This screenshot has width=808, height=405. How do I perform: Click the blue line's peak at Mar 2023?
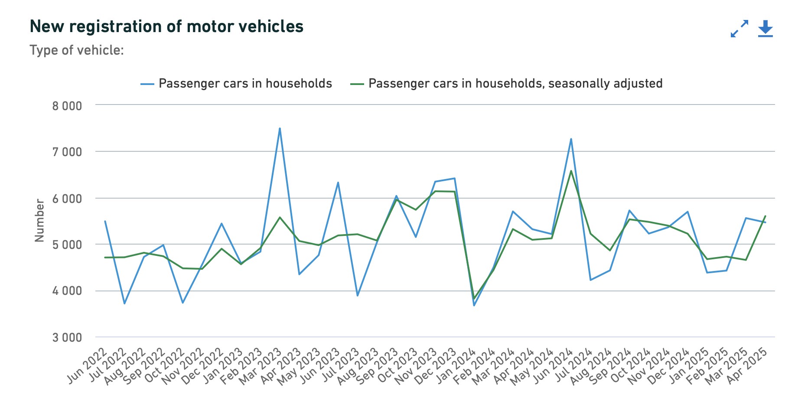tap(280, 128)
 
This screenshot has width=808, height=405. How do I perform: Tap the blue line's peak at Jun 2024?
tap(571, 139)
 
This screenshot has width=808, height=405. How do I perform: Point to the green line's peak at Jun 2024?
tap(571, 171)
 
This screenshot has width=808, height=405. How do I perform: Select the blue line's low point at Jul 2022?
tap(124, 303)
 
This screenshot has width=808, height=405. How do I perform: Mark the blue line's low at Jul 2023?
tap(357, 295)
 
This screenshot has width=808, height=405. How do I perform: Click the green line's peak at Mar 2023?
tap(280, 217)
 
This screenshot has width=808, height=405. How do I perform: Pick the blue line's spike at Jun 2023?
tap(338, 183)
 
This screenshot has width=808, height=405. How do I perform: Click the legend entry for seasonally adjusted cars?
tap(515, 83)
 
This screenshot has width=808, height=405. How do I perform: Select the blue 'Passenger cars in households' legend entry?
tap(245, 83)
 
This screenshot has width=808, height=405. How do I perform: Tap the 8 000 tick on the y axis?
tap(67, 106)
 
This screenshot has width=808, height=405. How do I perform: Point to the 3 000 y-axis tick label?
tap(67, 337)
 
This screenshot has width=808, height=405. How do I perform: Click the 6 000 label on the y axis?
tap(67, 199)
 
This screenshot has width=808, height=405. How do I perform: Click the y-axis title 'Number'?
tap(39, 220)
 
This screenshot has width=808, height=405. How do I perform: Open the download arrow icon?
tap(766, 28)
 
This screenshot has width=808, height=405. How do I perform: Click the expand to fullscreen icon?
tap(740, 28)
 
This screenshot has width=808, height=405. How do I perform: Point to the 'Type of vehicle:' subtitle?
tap(77, 50)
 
